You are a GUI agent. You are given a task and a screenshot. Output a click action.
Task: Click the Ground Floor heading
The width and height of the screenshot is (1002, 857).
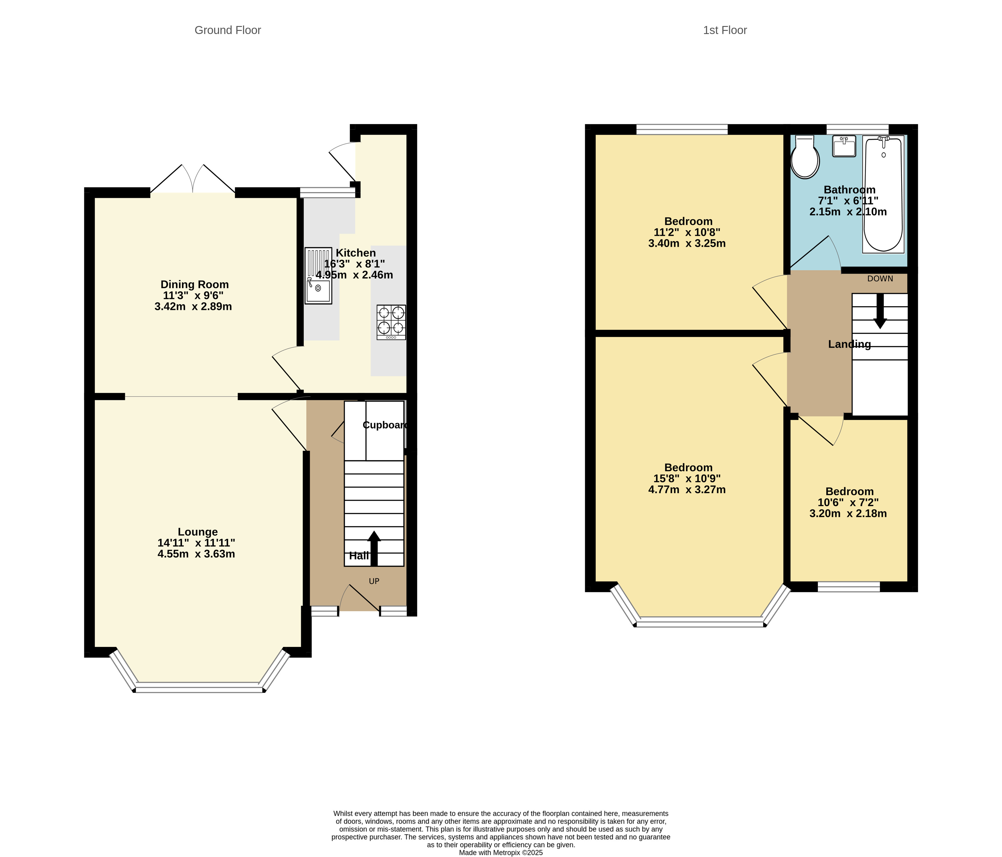[x=228, y=30]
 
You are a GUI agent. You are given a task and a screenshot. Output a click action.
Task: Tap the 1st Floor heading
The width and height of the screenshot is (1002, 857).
[x=725, y=30]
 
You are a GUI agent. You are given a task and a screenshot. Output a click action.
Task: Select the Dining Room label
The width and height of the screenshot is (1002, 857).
[x=194, y=284]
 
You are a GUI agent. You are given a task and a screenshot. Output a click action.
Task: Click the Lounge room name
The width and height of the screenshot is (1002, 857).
[x=198, y=532]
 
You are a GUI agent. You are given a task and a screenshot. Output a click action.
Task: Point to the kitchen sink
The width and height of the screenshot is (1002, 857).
[x=318, y=276]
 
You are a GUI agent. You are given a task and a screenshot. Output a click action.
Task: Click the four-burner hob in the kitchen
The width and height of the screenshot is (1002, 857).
[x=391, y=322]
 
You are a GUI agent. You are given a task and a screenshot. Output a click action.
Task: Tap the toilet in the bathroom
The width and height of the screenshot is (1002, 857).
[x=805, y=157]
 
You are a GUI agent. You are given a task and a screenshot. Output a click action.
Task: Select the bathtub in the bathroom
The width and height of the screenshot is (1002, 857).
[x=883, y=194]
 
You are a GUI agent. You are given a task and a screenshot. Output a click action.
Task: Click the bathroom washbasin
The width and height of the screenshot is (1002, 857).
[x=844, y=146]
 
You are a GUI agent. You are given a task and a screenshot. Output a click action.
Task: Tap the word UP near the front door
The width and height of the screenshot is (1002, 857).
[x=374, y=581]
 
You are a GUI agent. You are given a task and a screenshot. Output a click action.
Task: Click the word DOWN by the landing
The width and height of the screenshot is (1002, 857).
[x=880, y=279]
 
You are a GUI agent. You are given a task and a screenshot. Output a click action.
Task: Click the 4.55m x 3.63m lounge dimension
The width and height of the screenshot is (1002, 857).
[x=196, y=554]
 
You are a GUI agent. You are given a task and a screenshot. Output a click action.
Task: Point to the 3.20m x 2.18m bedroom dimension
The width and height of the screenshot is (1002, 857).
[x=848, y=513]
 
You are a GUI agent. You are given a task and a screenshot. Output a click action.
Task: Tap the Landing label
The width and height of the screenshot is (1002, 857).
[x=850, y=344]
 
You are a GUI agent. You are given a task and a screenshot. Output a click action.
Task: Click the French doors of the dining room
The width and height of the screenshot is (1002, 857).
[x=193, y=179]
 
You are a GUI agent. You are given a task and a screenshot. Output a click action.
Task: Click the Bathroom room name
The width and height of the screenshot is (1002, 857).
[x=850, y=190]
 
